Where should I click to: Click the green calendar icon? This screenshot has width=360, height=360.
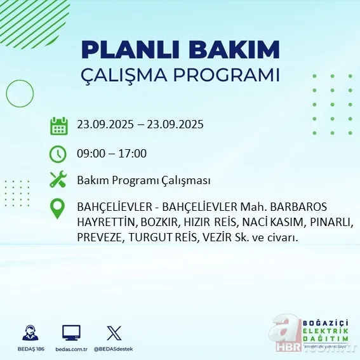[58, 125]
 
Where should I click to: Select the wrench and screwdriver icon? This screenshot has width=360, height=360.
[58, 180]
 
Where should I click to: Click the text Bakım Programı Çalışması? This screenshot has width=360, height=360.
[143, 181]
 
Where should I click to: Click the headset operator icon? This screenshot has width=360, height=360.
[29, 333]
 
